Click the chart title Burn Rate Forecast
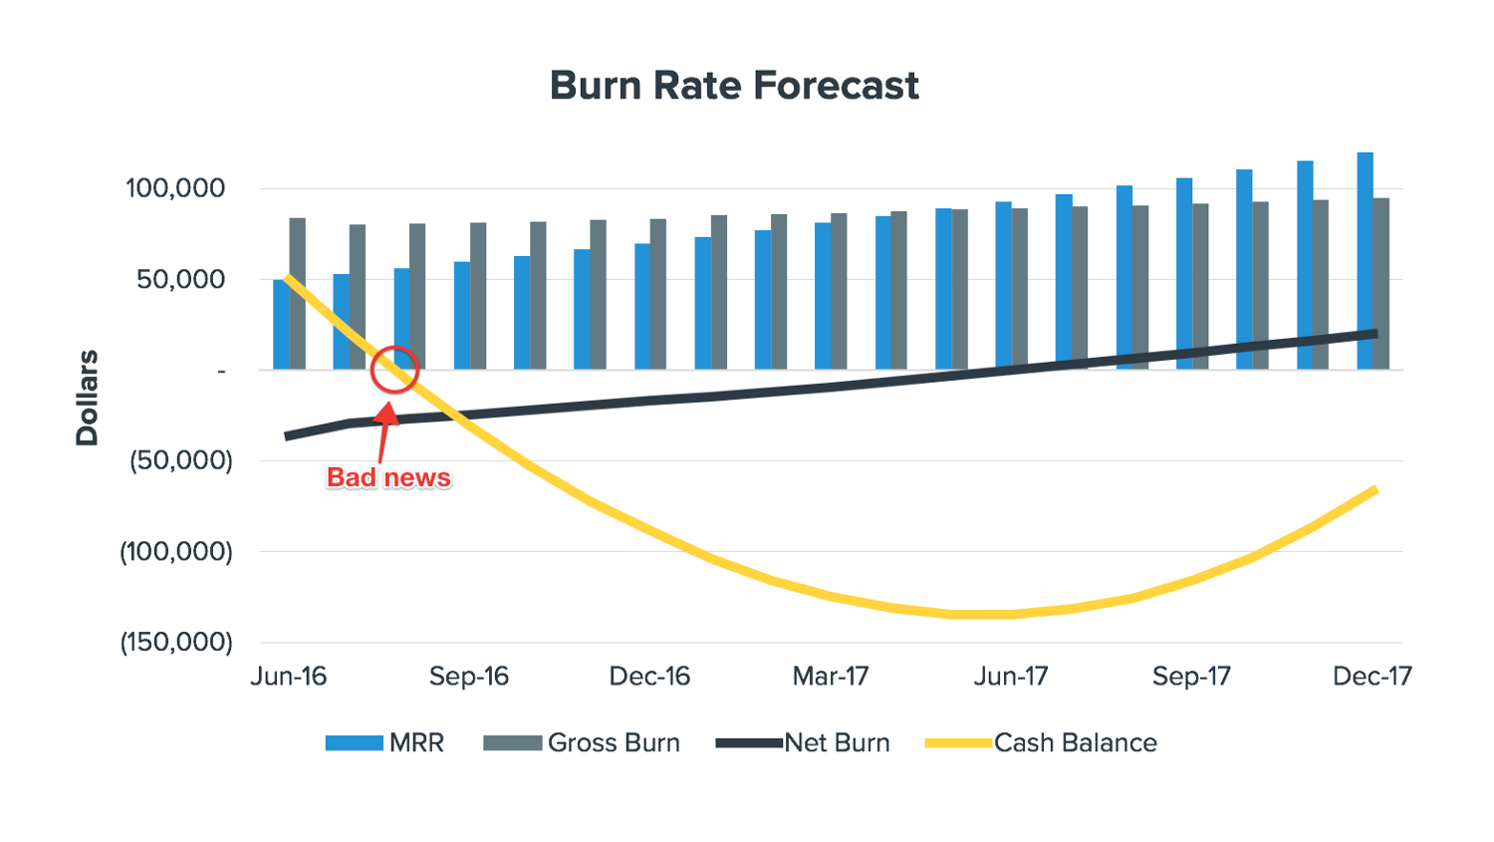[x=734, y=86]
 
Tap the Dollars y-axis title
[x=88, y=398]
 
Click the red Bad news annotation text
[x=388, y=478]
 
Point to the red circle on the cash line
[x=394, y=370]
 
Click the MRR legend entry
[x=385, y=743]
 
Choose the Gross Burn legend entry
[x=582, y=743]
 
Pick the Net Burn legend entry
[x=803, y=743]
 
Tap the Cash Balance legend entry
[x=1042, y=743]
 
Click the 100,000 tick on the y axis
[x=175, y=188]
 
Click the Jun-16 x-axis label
[x=289, y=677]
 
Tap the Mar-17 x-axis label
[x=831, y=677]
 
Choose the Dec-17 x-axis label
[x=1372, y=677]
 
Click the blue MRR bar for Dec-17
[x=1365, y=261]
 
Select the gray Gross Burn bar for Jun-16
[x=298, y=294]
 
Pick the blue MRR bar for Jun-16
[x=281, y=325]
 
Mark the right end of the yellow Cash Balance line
[x=1375, y=489]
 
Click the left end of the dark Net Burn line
[x=287, y=436]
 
